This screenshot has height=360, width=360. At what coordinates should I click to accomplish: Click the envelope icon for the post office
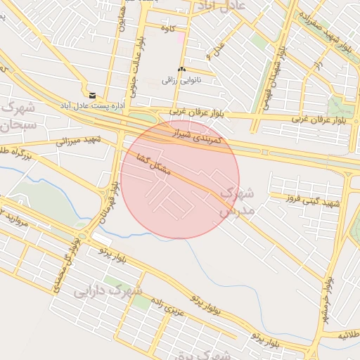pos(92,95)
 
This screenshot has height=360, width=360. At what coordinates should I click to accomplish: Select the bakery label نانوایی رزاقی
pos(181,80)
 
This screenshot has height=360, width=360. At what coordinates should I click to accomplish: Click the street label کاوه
pos(167,29)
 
